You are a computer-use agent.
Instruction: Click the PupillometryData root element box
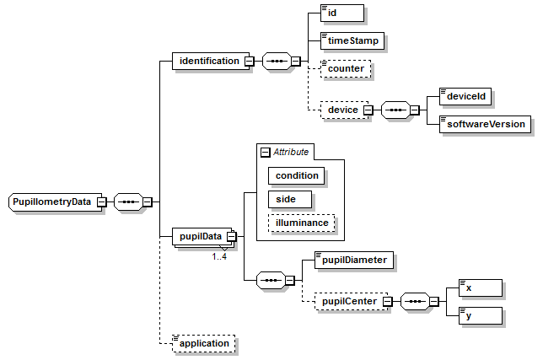(52, 202)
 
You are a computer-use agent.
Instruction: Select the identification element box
(208, 61)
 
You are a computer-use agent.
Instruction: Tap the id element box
(341, 13)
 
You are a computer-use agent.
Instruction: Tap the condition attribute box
(297, 175)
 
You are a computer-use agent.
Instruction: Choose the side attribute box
(288, 199)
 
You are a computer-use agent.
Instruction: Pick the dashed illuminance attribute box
(302, 223)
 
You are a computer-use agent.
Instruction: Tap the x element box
(480, 287)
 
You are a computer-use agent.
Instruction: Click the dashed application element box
(202, 343)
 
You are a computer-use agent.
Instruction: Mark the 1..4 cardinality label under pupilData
(219, 256)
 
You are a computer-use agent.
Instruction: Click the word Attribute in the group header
(291, 152)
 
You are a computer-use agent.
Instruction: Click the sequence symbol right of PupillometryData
(128, 202)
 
